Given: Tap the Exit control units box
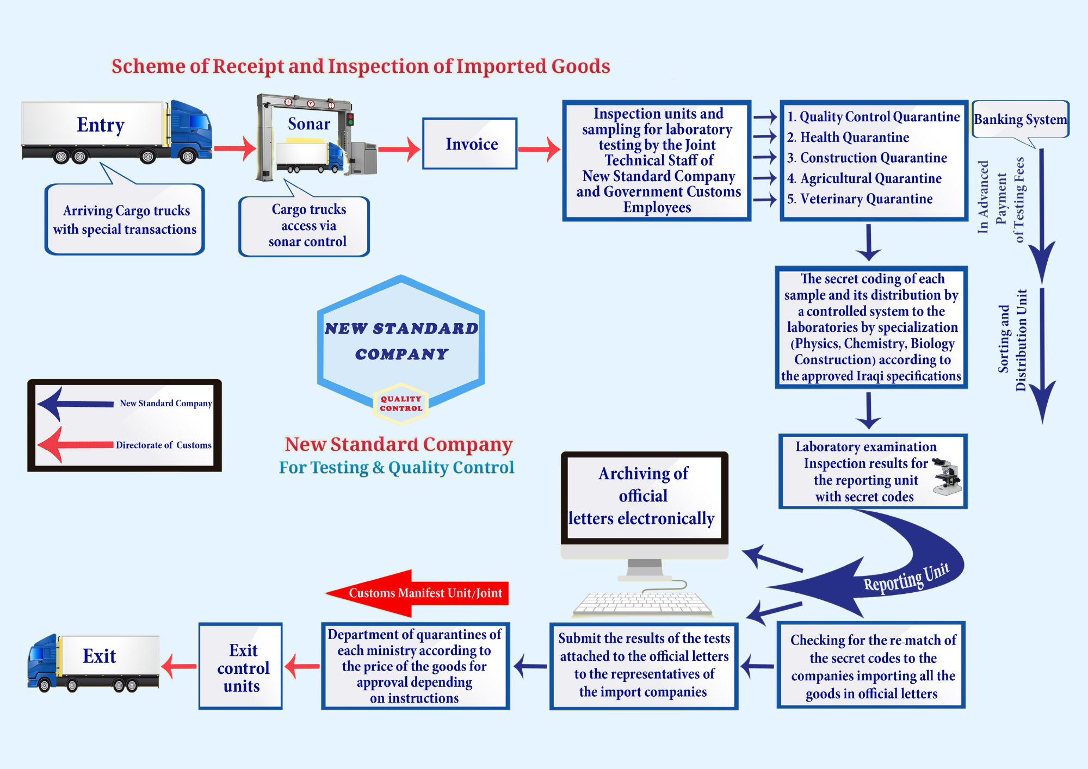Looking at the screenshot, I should [240, 667].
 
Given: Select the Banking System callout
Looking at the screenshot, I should [1020, 119].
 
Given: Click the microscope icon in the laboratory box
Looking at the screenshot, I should [946, 476].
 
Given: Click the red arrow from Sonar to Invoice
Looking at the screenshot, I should [399, 148].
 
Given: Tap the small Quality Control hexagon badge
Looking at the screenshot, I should [401, 404].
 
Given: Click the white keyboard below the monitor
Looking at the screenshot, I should [642, 604].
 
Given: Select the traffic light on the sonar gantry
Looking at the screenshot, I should [350, 119].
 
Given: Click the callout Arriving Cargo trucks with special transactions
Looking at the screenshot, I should [125, 220].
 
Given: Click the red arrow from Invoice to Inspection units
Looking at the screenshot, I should [539, 149].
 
